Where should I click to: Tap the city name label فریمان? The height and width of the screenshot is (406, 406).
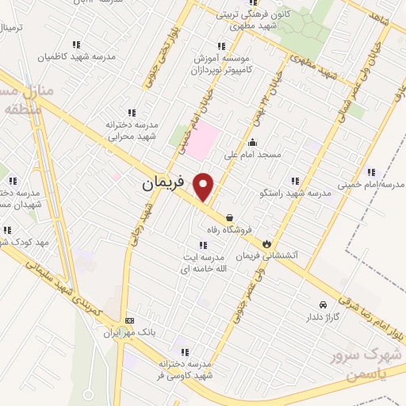[163, 182]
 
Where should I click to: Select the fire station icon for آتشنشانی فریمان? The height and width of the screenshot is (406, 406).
[266, 243]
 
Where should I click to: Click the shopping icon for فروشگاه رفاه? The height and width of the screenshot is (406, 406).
[229, 216]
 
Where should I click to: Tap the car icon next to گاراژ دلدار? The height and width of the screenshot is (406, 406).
[322, 304]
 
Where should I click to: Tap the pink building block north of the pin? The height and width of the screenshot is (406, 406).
[202, 136]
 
